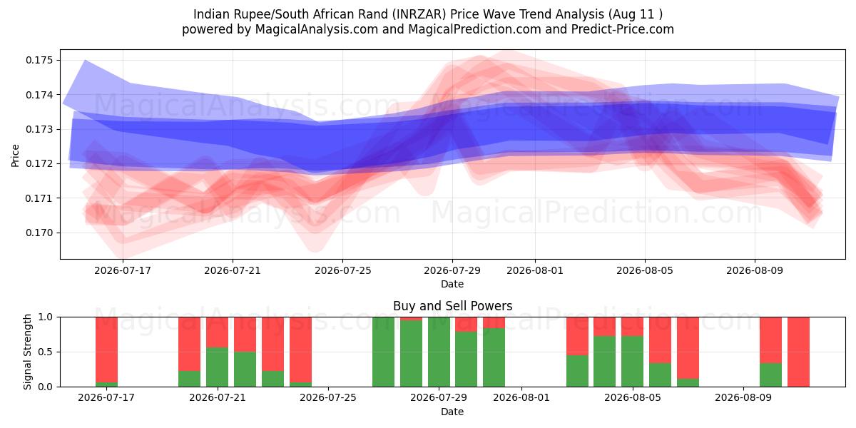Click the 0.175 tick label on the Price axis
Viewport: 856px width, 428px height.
click(x=39, y=61)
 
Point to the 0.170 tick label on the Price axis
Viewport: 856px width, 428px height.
click(x=39, y=233)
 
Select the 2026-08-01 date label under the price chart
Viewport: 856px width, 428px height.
click(x=535, y=270)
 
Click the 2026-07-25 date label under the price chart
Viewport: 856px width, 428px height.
click(x=343, y=270)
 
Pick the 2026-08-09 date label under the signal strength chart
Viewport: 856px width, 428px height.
click(x=743, y=398)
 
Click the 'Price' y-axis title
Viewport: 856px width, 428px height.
click(x=15, y=156)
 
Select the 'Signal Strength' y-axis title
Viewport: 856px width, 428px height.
click(x=27, y=352)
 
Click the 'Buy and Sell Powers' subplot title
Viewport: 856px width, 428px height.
click(x=452, y=306)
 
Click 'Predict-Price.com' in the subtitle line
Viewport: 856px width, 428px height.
click(x=623, y=29)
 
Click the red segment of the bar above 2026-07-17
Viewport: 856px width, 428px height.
click(x=106, y=350)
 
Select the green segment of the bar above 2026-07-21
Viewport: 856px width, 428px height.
click(x=217, y=367)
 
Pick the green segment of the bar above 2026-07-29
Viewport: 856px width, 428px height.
click(x=439, y=352)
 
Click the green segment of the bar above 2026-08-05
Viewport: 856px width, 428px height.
click(x=632, y=362)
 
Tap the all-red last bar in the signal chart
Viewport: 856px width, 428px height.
click(x=798, y=352)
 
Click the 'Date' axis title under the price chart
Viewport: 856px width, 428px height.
click(x=452, y=285)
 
